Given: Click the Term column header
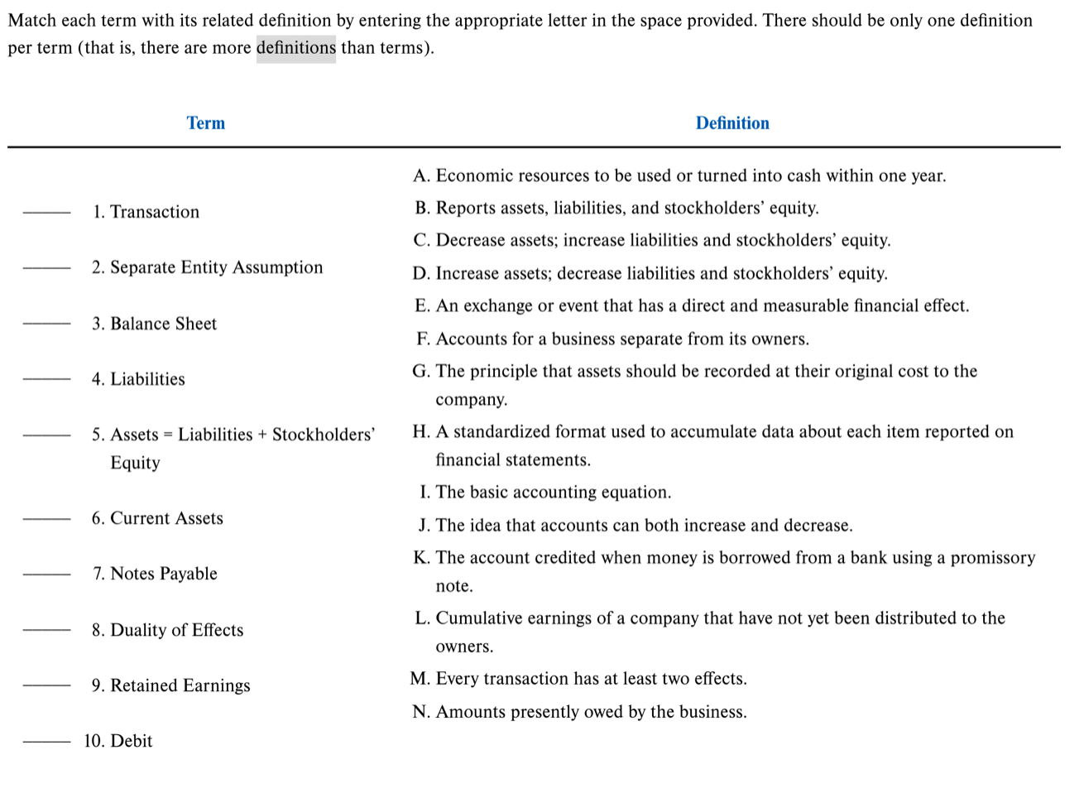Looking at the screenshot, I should (x=205, y=123).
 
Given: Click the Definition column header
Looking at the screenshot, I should (x=731, y=123).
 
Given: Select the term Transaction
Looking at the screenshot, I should (x=154, y=212).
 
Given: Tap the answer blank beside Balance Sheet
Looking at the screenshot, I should (x=46, y=324).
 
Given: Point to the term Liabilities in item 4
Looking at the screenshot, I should (x=147, y=379).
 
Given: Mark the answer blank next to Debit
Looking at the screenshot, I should (x=46, y=742).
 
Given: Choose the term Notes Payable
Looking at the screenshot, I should (x=163, y=574).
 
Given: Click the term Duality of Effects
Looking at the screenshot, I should (x=176, y=630).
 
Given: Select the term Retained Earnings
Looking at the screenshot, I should (x=180, y=685).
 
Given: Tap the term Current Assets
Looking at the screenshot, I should (x=166, y=518).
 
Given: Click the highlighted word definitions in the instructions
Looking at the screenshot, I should (x=295, y=48).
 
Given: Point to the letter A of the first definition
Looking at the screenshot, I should (x=421, y=175).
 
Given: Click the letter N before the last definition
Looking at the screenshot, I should (x=420, y=712).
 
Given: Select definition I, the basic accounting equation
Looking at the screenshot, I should (x=553, y=493).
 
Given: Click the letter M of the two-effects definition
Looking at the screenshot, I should (x=420, y=679).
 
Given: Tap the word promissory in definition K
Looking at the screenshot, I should (x=992, y=558).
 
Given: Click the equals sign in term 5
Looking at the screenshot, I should (x=168, y=435).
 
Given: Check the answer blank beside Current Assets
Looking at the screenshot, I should (x=46, y=519).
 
